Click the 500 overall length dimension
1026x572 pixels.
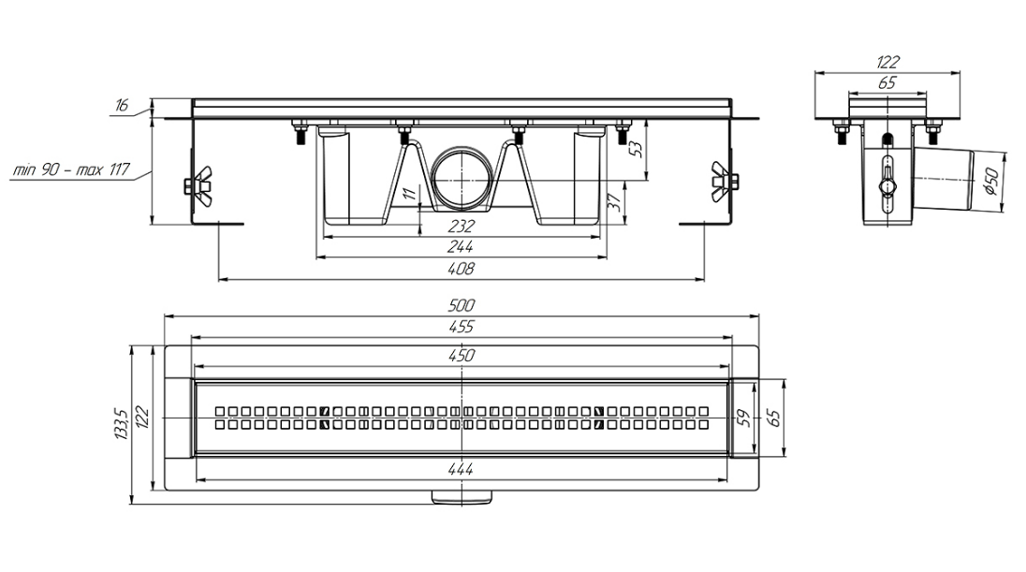tap(462, 305)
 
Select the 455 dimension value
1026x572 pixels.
tap(462, 327)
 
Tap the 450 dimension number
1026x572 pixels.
tap(462, 356)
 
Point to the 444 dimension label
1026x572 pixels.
tap(462, 469)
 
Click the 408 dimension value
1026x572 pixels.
tap(462, 269)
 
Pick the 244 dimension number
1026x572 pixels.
tap(461, 247)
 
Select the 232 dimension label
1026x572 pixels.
tap(461, 227)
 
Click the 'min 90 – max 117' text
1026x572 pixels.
tap(72, 170)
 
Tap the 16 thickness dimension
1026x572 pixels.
tap(123, 106)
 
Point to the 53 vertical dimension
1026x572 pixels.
tap(636, 149)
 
